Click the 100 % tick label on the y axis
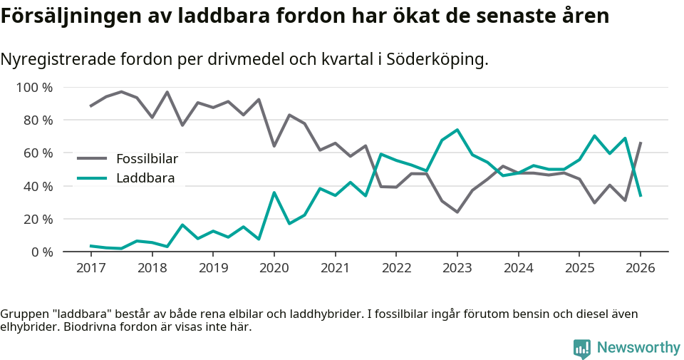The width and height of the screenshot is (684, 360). tap(34, 88)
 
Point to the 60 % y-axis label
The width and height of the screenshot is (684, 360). tap(37, 153)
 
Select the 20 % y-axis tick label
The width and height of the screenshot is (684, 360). tap(37, 219)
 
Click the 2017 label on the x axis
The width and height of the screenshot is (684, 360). tap(90, 268)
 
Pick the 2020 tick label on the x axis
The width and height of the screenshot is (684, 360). tap(274, 268)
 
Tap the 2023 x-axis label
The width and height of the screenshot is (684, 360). tap(457, 268)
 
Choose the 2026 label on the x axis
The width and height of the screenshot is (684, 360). tap(640, 268)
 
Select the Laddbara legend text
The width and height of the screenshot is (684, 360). tap(145, 178)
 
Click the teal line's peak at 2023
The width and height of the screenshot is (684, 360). tap(457, 130)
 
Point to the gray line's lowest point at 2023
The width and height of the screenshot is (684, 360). tap(457, 212)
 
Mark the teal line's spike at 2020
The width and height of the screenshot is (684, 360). tap(274, 192)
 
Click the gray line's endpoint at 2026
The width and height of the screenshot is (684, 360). tap(640, 143)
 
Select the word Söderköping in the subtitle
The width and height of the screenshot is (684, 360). tap(435, 59)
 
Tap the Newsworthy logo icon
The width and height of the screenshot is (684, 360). tap(582, 348)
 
